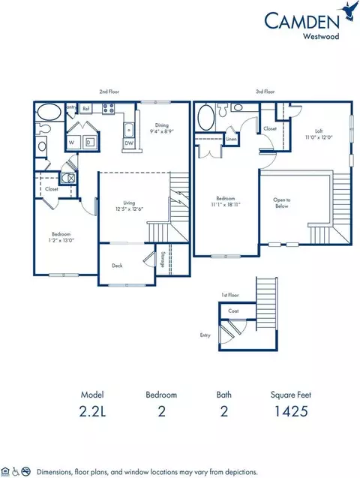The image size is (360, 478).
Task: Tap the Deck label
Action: tap(118, 266)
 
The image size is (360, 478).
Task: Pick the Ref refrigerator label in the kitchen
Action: tap(87, 109)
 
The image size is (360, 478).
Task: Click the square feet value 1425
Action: tap(288, 410)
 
